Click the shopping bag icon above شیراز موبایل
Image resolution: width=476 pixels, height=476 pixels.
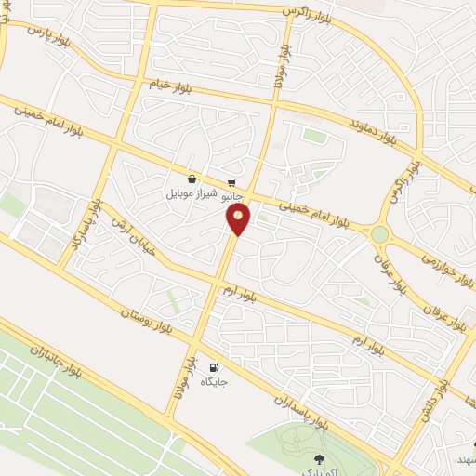click(192, 179)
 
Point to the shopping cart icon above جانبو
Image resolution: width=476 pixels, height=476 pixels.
click(231, 183)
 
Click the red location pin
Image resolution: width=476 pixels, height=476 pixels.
click(239, 218)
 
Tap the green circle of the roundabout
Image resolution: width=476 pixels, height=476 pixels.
click(379, 234)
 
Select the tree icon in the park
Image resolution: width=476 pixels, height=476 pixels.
click(321, 458)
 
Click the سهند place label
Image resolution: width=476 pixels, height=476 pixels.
click(466, 460)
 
